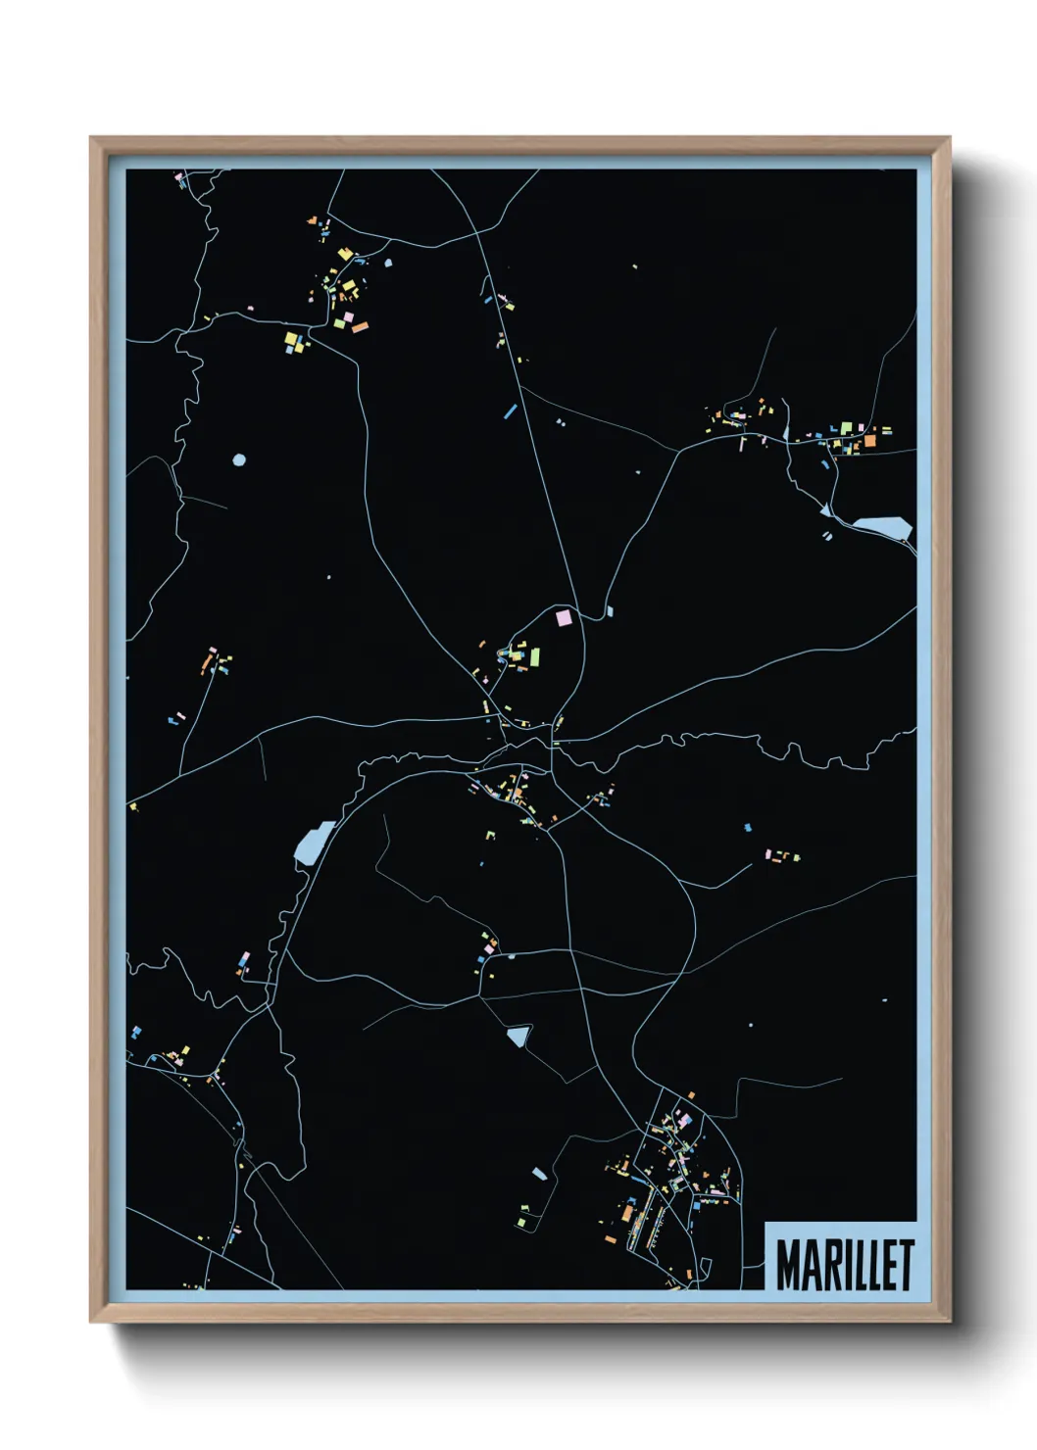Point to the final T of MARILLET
pos(907,1265)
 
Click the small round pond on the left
pos(239,459)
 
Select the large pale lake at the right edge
pos(882,528)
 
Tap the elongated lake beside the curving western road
pos(313,842)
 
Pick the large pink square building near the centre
pos(563,618)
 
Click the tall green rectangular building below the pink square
pos(535,654)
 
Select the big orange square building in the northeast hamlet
pos(868,442)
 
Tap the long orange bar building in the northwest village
pos(360,326)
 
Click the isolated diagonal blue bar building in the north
pos(510,411)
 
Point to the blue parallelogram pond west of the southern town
pos(538,1173)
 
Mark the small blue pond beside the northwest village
pos(387,263)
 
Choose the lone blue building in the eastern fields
pos(748,828)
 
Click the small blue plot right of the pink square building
pos(610,610)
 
